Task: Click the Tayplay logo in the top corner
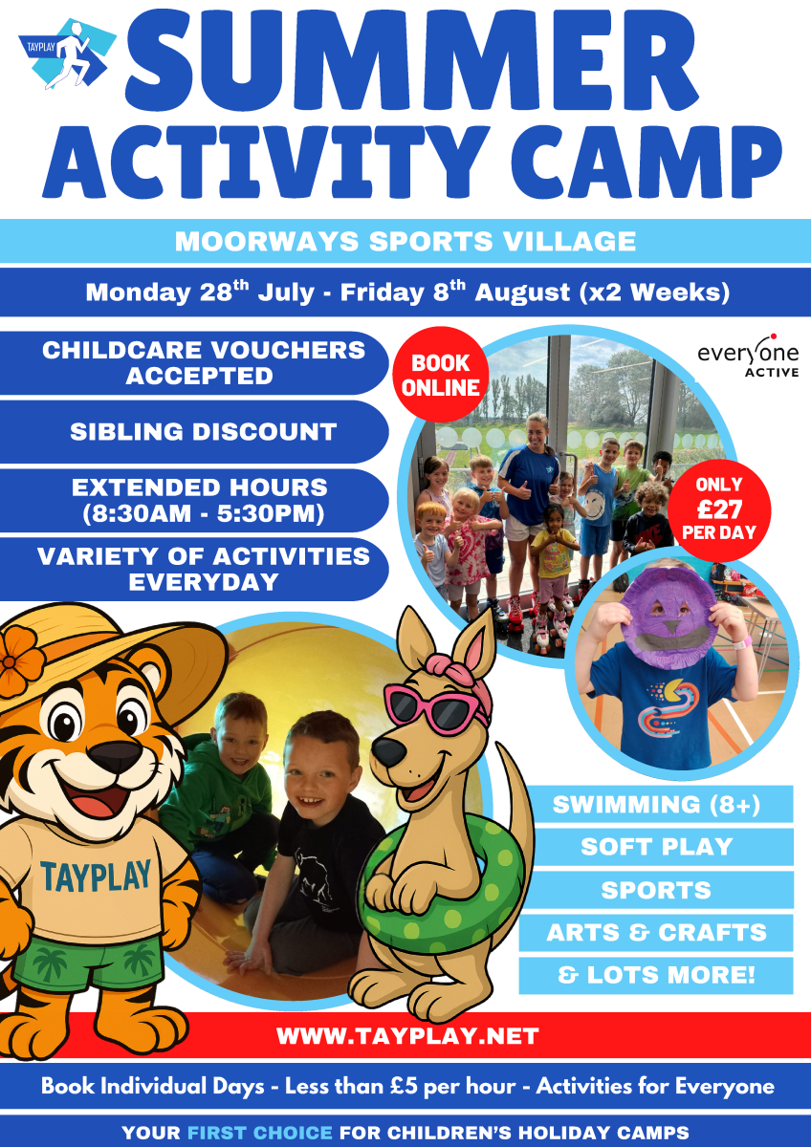(68, 54)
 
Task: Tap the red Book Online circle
(441, 375)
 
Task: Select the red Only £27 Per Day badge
(719, 510)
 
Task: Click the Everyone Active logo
(748, 356)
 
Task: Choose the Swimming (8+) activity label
(656, 804)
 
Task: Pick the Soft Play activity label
(656, 847)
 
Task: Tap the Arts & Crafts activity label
(656, 933)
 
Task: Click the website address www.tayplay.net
(407, 1036)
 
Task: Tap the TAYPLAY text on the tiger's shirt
(96, 876)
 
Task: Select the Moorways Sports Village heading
(405, 241)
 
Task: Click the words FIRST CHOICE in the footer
(260, 1132)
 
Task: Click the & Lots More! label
(656, 975)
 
